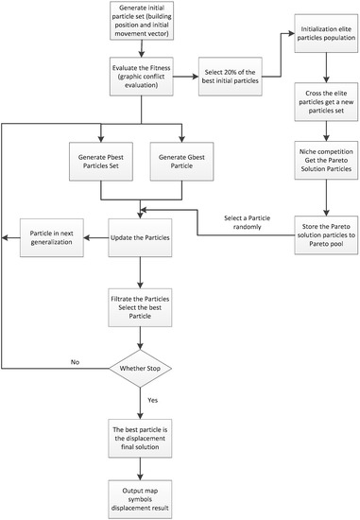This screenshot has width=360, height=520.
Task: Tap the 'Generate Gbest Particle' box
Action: pyautogui.click(x=181, y=161)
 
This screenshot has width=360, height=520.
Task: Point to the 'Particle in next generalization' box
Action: pyautogui.click(x=53, y=235)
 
